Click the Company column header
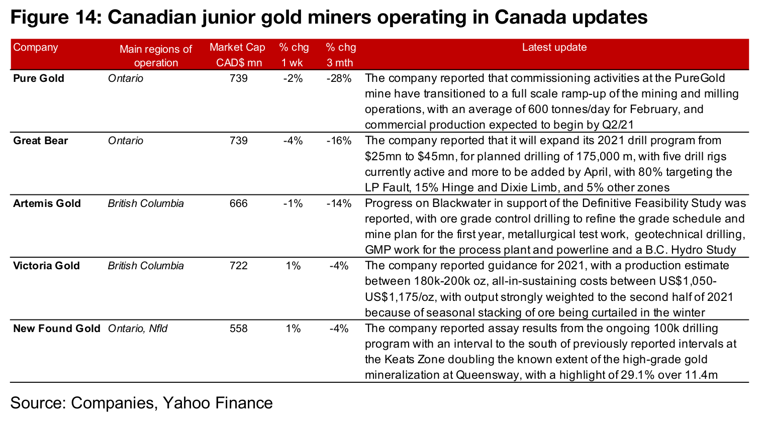[36, 48]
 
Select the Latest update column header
[554, 48]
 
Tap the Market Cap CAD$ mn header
[237, 55]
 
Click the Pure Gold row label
[39, 78]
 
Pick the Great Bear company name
[40, 141]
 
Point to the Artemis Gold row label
[47, 203]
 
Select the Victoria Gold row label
[46, 266]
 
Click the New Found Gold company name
[56, 329]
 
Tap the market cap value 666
[238, 203]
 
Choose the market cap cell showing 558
[238, 329]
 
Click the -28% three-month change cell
[339, 78]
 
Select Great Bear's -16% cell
[339, 141]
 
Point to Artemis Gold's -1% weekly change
[293, 203]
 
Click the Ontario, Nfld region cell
[138, 329]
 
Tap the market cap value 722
[238, 266]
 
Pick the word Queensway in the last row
[485, 375]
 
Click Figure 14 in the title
[53, 18]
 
